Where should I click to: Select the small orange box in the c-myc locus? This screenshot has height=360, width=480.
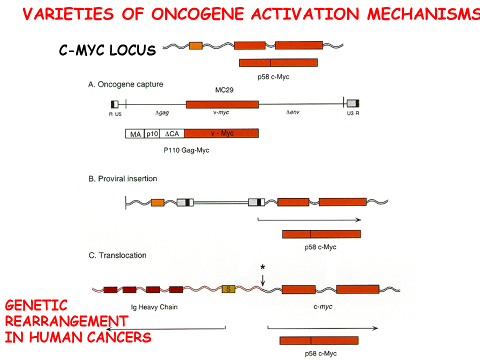pos(195,46)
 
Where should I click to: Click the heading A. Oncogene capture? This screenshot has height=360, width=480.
pos(125,84)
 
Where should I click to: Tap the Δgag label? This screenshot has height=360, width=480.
pos(161,113)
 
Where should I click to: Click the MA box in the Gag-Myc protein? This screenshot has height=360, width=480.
pos(134,133)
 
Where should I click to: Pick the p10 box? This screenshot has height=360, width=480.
pos(151,133)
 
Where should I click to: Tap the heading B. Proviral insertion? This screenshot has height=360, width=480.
pos(122,178)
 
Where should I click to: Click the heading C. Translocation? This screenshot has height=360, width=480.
pos(117,255)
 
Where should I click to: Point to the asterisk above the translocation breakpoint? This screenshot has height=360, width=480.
pos(263,267)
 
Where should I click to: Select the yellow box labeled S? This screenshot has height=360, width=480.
pos(228,289)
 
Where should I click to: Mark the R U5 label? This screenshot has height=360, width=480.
pos(115,113)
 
